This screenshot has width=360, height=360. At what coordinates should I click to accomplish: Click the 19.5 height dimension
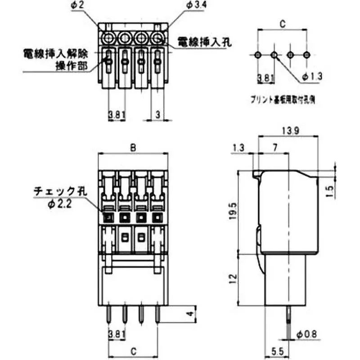point(231,210)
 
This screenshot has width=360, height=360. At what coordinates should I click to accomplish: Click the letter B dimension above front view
point(133,147)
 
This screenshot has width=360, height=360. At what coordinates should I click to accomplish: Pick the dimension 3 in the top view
point(158,114)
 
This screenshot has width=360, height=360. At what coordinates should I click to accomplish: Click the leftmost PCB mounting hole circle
point(257,54)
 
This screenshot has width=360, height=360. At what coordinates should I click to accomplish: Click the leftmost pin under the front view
point(108,315)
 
